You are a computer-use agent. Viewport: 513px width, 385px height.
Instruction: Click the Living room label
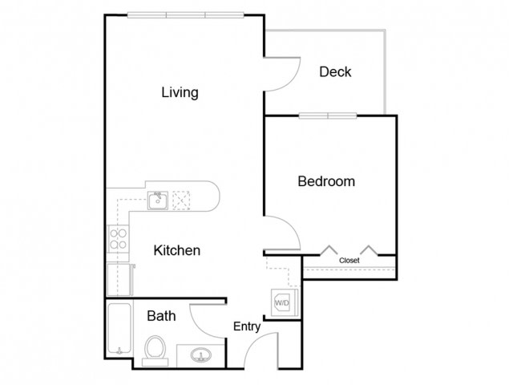click(x=180, y=93)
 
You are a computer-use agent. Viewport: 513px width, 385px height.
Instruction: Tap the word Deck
click(x=335, y=71)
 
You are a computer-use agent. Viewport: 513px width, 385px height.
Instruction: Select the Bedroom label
click(x=326, y=181)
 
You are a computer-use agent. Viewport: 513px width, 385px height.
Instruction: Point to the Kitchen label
click(x=176, y=250)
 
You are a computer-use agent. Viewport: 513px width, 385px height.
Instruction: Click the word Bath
click(x=161, y=316)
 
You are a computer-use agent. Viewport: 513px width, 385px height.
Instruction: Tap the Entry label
click(x=247, y=326)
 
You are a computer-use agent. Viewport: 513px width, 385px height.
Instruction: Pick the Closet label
click(x=349, y=260)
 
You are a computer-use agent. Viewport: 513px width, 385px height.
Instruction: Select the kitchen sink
click(x=158, y=201)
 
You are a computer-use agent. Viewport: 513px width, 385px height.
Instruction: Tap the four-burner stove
click(x=118, y=239)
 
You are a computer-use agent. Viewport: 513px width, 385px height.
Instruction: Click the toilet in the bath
click(x=155, y=351)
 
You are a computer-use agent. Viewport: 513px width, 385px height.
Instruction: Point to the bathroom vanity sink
click(x=201, y=355)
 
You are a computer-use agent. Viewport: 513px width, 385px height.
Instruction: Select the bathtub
click(x=119, y=329)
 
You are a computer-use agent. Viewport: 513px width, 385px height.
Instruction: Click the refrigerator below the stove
click(x=119, y=279)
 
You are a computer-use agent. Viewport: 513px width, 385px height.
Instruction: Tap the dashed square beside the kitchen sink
click(x=181, y=201)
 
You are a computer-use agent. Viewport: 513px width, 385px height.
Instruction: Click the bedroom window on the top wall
click(x=328, y=115)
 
